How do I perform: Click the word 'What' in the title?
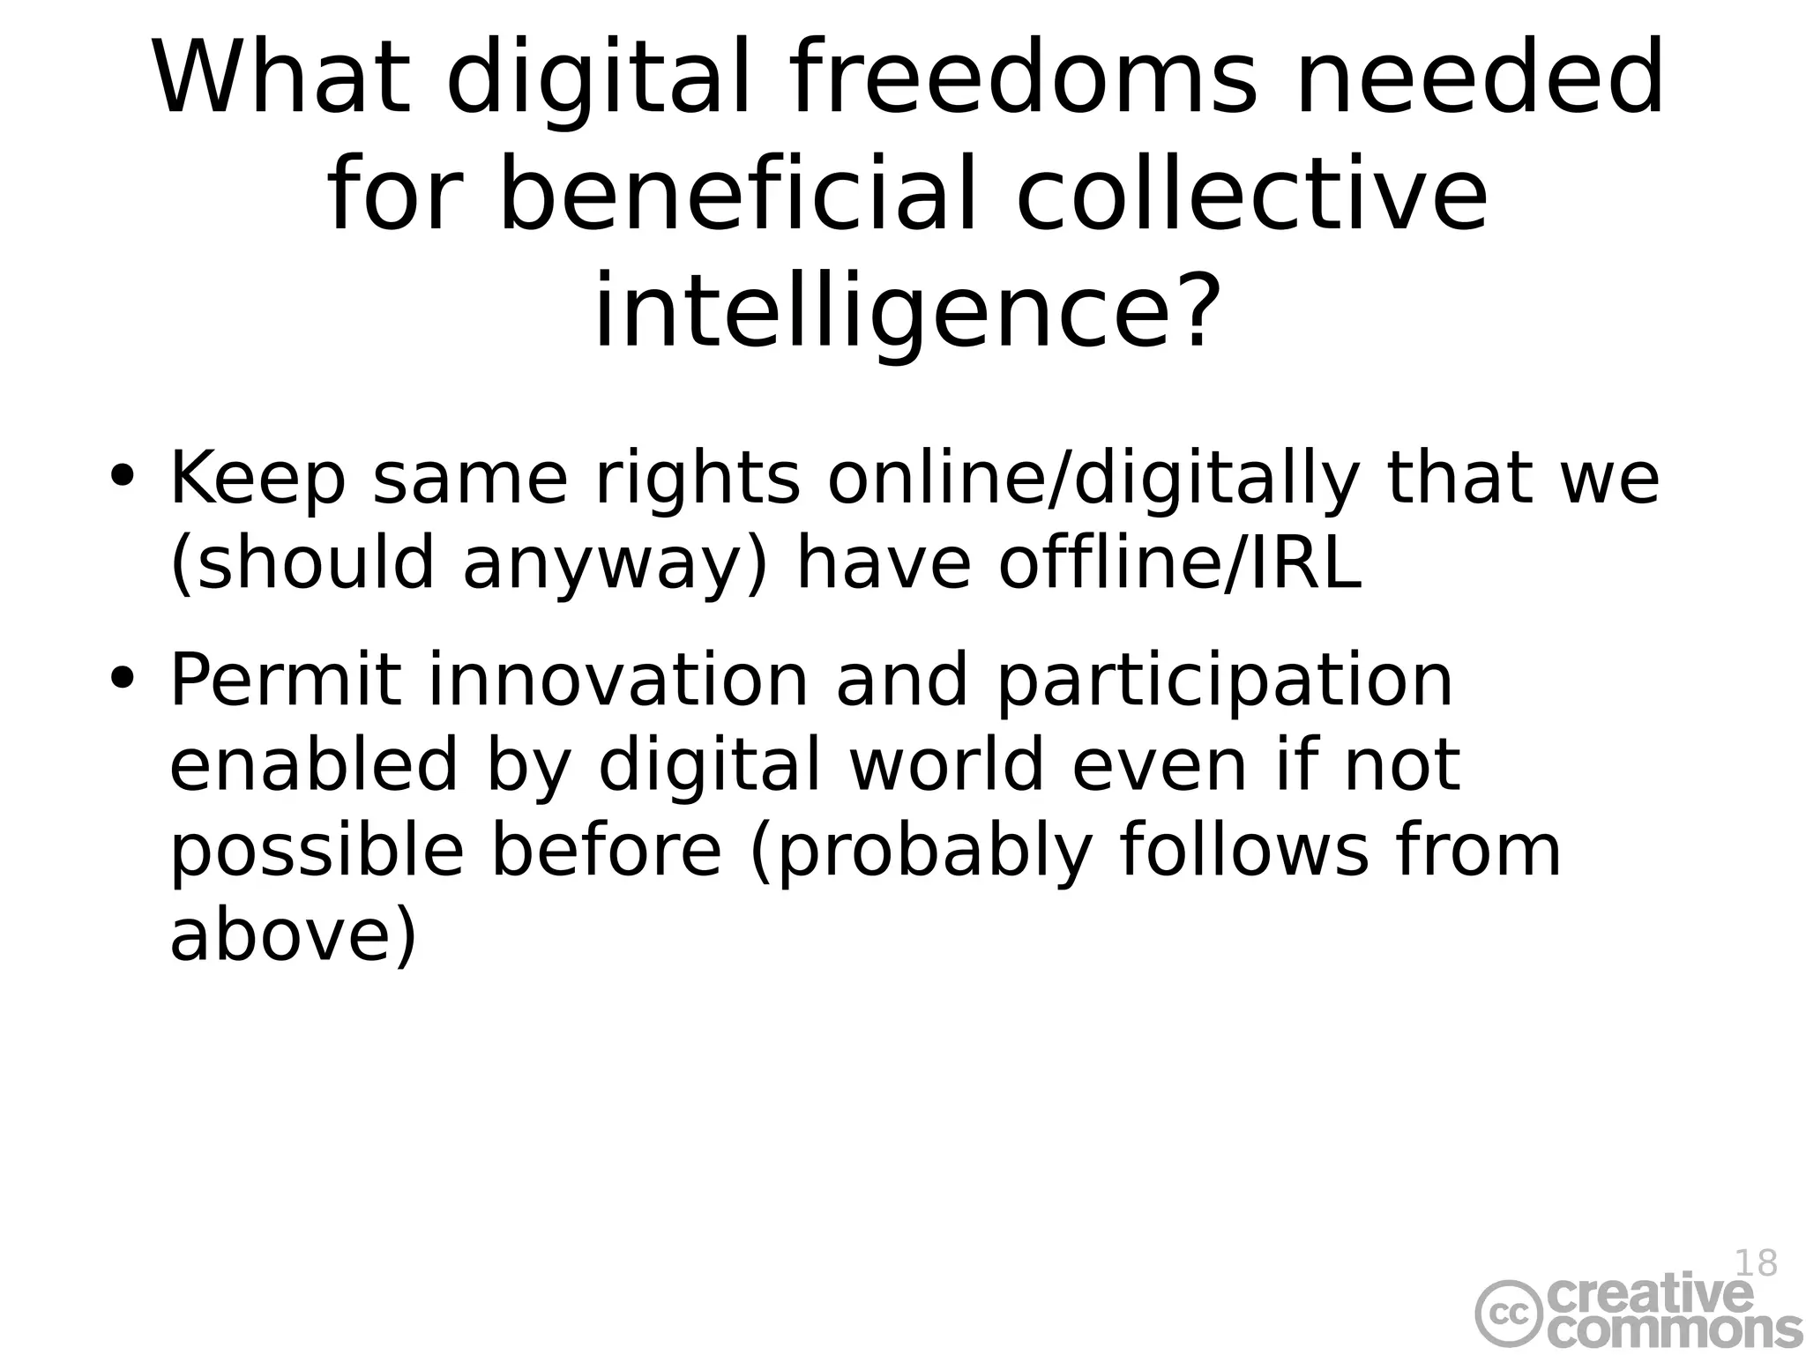tap(281, 79)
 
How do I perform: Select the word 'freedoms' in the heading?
tap(1022, 79)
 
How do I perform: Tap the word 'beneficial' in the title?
tap(738, 196)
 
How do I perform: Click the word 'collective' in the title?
tap(1253, 196)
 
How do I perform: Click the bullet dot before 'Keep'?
tap(122, 477)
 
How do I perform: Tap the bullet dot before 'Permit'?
tap(122, 680)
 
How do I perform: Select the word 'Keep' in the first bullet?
tap(257, 480)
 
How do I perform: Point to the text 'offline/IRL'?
tap(1180, 565)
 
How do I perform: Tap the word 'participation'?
tap(1224, 683)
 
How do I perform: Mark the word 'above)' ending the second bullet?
tap(292, 936)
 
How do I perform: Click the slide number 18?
tap(1755, 1263)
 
